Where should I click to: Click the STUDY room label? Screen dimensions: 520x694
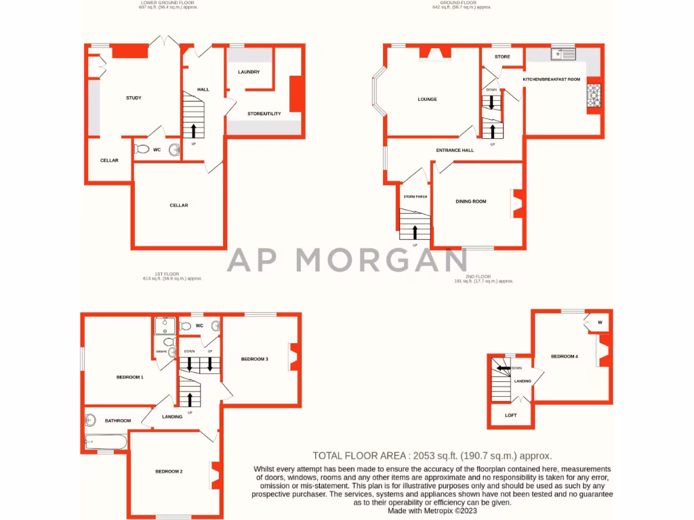pyautogui.click(x=134, y=98)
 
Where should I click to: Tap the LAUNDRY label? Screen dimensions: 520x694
pyautogui.click(x=249, y=72)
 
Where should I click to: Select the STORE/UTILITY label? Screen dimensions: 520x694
pyautogui.click(x=264, y=114)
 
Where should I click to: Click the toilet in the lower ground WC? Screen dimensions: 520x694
pyautogui.click(x=142, y=149)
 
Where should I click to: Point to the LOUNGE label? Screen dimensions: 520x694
pyautogui.click(x=427, y=100)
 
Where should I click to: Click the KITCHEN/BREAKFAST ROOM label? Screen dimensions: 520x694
pyautogui.click(x=551, y=80)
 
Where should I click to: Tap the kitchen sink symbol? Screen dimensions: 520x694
pyautogui.click(x=563, y=53)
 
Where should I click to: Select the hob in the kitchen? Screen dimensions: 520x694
pyautogui.click(x=594, y=95)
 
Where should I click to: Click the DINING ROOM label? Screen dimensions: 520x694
pyautogui.click(x=470, y=201)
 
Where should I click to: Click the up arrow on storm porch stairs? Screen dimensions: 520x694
pyautogui.click(x=415, y=232)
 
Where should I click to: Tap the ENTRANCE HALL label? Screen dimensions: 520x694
pyautogui.click(x=454, y=150)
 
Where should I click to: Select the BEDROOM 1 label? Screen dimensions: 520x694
pyautogui.click(x=129, y=377)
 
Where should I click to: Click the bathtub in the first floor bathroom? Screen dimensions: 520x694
pyautogui.click(x=106, y=443)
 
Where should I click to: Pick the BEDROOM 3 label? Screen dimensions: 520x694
pyautogui.click(x=255, y=359)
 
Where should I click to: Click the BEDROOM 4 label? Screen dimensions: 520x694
pyautogui.click(x=564, y=356)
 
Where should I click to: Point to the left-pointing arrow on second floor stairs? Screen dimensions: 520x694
pyautogui.click(x=502, y=368)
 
